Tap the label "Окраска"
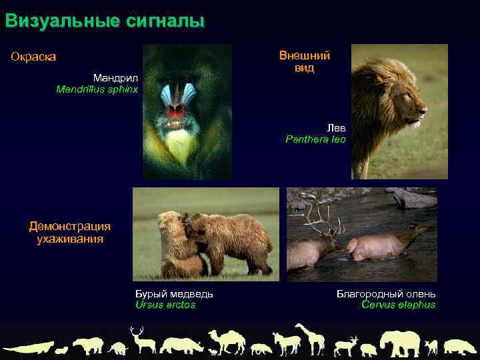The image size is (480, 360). [33, 57]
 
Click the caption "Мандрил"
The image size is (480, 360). [115, 77]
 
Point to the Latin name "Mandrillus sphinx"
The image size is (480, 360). [97, 89]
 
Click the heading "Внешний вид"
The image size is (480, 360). [304, 62]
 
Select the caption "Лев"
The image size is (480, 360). [336, 127]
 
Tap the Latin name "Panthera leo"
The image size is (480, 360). [315, 139]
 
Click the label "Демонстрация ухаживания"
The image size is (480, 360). [69, 232]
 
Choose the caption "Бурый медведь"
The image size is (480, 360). [174, 293]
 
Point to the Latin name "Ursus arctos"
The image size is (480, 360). [165, 305]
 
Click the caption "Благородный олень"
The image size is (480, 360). [386, 293]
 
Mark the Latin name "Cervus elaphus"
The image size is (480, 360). [398, 305]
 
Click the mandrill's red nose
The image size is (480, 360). [175, 109]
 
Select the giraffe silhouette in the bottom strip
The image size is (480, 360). [311, 338]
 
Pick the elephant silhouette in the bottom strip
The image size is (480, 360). [400, 342]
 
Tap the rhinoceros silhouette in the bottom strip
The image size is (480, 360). [182, 345]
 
